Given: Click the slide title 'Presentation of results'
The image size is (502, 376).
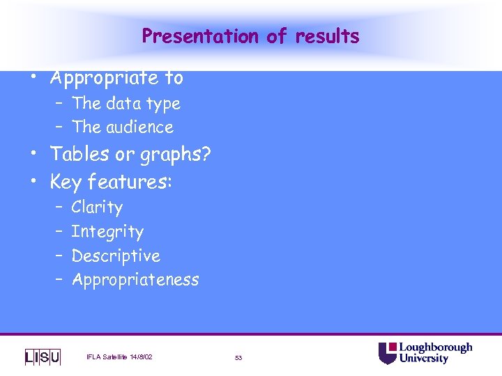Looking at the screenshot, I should pyautogui.click(x=250, y=36).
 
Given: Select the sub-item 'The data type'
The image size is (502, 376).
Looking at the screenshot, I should pyautogui.click(x=125, y=104).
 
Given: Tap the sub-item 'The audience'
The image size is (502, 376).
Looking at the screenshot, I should pyautogui.click(x=123, y=127).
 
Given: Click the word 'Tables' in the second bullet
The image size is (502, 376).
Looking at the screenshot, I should pyautogui.click(x=78, y=154).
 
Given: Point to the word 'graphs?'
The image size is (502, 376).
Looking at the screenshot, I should pyautogui.click(x=177, y=155).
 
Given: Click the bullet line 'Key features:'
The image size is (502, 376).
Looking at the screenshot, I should pyautogui.click(x=111, y=182).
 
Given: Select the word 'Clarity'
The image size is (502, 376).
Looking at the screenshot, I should pyautogui.click(x=97, y=207).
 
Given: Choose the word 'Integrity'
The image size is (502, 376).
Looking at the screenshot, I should pyautogui.click(x=107, y=232).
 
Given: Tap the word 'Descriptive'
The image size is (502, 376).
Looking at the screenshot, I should pyautogui.click(x=116, y=256).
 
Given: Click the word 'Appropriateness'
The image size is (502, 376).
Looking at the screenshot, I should pyautogui.click(x=135, y=281).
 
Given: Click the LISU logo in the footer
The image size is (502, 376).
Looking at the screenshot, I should pyautogui.click(x=43, y=357).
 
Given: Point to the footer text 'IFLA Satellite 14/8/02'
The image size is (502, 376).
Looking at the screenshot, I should pyautogui.click(x=119, y=357).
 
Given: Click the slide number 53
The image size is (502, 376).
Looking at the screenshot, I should pyautogui.click(x=238, y=358).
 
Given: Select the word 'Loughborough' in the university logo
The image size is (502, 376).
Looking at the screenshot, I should pyautogui.click(x=436, y=347).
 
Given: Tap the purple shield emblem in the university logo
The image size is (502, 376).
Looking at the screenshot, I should pyautogui.click(x=387, y=353).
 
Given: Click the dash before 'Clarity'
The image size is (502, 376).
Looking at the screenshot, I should pyautogui.click(x=59, y=207).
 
